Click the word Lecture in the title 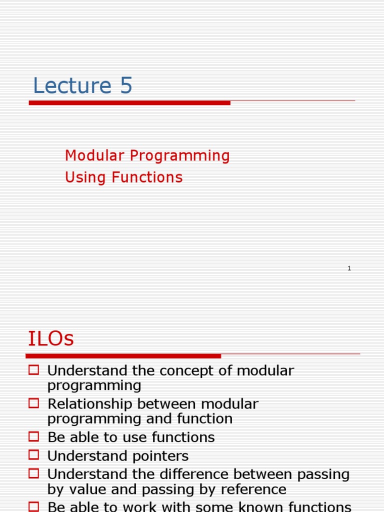click(x=72, y=85)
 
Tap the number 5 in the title click(x=126, y=85)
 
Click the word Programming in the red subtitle click(x=180, y=156)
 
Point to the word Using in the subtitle click(x=85, y=178)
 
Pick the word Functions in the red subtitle click(x=147, y=177)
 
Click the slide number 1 click(x=349, y=268)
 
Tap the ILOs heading click(x=51, y=338)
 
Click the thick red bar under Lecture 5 click(x=129, y=103)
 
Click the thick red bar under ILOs click(x=123, y=356)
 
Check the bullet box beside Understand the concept click(x=33, y=370)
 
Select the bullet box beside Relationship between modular click(x=33, y=403)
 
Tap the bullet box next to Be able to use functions click(x=33, y=436)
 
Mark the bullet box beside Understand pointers click(x=33, y=455)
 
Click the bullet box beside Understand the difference click(x=33, y=473)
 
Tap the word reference click(x=253, y=489)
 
